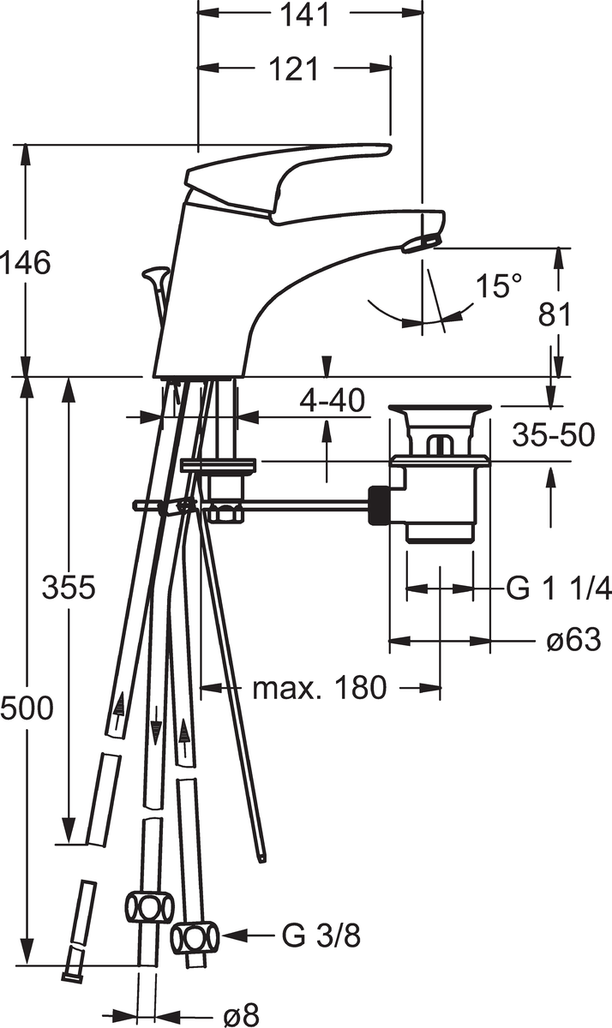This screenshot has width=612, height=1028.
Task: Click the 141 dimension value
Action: point(305,15)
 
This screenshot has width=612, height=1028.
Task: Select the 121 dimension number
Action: point(293,69)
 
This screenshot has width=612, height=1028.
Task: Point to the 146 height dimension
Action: point(26,263)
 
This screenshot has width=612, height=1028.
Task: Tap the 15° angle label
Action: point(499,285)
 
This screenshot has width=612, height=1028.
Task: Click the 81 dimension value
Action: point(555,315)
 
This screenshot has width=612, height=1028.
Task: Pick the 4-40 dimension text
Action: point(332,400)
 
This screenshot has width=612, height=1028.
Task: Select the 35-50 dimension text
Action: point(554,434)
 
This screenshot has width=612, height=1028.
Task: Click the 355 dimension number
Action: point(69,588)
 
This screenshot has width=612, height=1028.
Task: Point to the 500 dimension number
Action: point(27,708)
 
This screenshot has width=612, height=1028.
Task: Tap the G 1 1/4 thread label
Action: point(559,588)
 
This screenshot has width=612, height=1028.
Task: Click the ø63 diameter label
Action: point(573,639)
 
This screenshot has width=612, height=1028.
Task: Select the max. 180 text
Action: point(320,687)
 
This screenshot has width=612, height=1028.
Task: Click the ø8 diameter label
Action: point(241,1014)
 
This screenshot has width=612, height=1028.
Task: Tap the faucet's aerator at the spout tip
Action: point(420,242)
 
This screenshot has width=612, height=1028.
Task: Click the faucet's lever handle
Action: point(285,183)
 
